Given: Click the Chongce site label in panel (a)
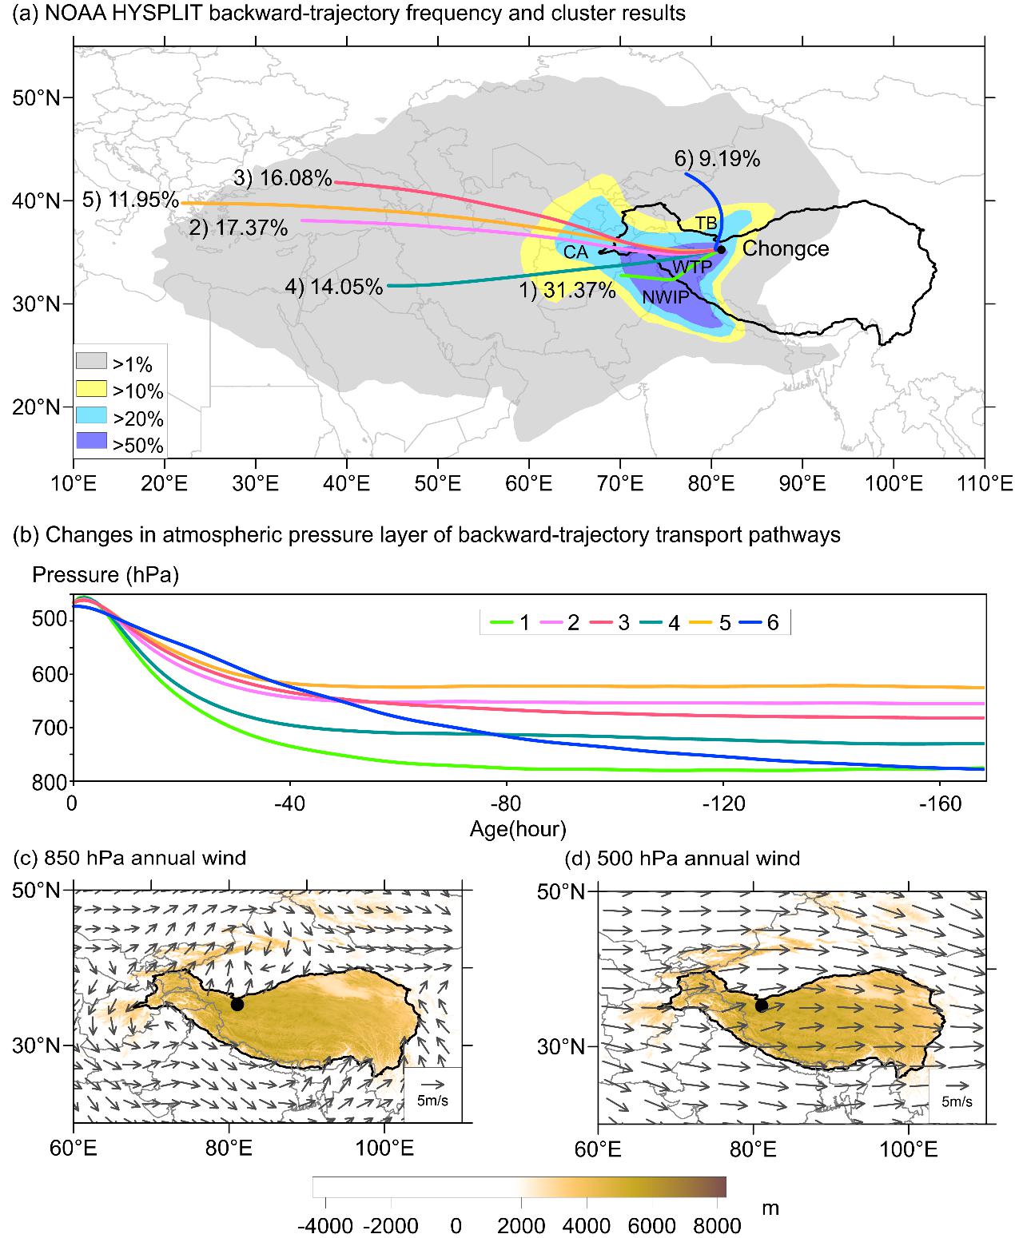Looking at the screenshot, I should (x=786, y=248).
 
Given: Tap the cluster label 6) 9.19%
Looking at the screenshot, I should (x=717, y=159).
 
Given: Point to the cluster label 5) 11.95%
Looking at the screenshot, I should (x=130, y=199).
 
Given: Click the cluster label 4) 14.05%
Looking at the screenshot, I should (x=333, y=286).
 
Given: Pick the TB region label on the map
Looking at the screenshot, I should (x=706, y=223).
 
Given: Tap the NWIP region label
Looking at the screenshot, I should (x=666, y=298).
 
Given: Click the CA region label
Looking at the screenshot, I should (x=575, y=252).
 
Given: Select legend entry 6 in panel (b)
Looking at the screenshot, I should (x=772, y=623).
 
